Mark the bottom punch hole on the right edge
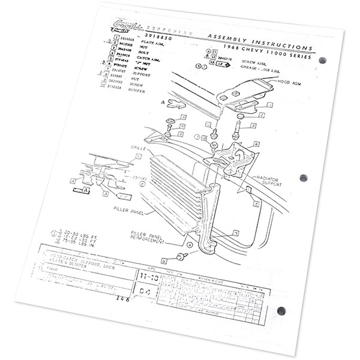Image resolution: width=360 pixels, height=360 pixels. [281, 311]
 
